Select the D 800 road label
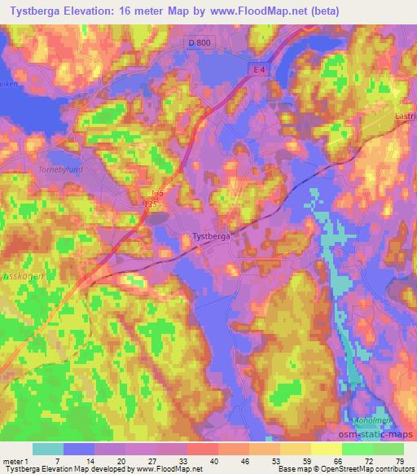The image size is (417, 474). [209, 44]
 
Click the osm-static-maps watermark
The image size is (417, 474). [383, 435]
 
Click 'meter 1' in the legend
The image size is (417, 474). [15, 462]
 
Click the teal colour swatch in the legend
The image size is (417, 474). [48, 449]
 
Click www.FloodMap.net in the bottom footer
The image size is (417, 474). [169, 469]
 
